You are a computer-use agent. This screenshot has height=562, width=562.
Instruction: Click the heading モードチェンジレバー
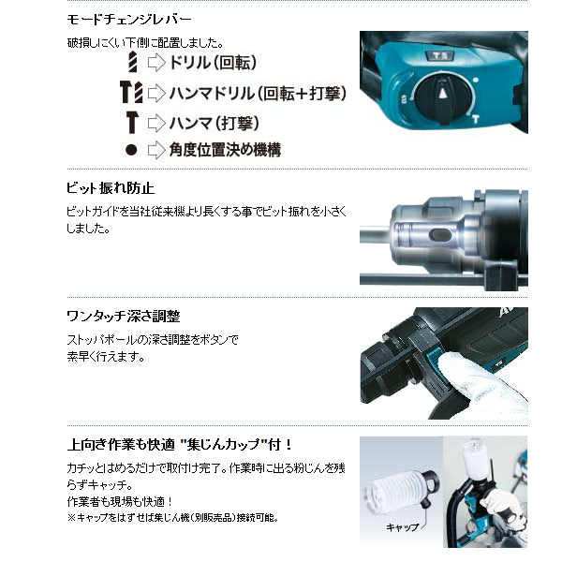click(129, 20)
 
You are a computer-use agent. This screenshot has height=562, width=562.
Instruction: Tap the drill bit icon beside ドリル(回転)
click(133, 62)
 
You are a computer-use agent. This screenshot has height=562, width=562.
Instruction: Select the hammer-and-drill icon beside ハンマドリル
click(131, 92)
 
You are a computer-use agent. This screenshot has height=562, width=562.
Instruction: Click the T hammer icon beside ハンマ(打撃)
click(131, 122)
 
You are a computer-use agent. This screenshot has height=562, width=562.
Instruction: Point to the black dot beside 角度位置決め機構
click(131, 150)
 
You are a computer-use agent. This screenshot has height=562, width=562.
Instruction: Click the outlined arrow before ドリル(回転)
click(156, 63)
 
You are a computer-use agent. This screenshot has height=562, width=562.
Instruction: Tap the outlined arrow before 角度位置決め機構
click(156, 150)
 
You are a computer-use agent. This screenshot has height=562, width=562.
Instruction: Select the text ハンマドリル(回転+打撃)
click(258, 93)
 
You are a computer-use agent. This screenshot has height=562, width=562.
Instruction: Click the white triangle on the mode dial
click(443, 93)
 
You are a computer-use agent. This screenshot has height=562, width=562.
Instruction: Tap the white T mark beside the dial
click(475, 119)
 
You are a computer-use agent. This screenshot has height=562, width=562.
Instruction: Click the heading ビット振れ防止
click(111, 188)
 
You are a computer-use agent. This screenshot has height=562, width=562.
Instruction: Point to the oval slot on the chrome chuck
click(440, 235)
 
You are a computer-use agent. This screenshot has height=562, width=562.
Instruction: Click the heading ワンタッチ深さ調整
click(124, 317)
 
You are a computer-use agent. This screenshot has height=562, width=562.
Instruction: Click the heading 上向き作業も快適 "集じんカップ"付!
click(180, 445)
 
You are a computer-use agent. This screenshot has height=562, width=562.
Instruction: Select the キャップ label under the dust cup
click(402, 526)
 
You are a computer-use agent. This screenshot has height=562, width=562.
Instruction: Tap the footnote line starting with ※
click(172, 518)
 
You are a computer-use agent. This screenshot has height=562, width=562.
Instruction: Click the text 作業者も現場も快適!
click(120, 501)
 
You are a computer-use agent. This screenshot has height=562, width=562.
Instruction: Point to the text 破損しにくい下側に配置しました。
click(145, 43)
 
